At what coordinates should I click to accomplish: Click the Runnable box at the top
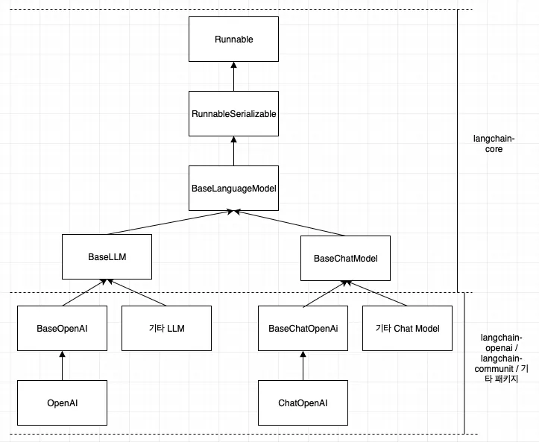(233, 40)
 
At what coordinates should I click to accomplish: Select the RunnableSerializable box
(233, 113)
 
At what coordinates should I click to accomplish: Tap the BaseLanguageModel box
(233, 188)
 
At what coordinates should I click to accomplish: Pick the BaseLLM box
(107, 257)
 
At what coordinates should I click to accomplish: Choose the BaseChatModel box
(345, 258)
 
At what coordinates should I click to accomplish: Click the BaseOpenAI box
(62, 328)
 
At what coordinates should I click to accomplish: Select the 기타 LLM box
(166, 328)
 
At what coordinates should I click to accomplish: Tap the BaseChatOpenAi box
(303, 328)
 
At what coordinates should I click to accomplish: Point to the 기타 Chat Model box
(407, 328)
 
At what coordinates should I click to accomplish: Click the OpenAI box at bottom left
(62, 402)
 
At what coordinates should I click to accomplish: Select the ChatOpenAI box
(303, 402)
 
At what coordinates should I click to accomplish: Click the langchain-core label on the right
(488, 143)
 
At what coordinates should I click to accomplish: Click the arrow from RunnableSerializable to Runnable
(233, 77)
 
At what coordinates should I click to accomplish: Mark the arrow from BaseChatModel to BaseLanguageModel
(291, 223)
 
